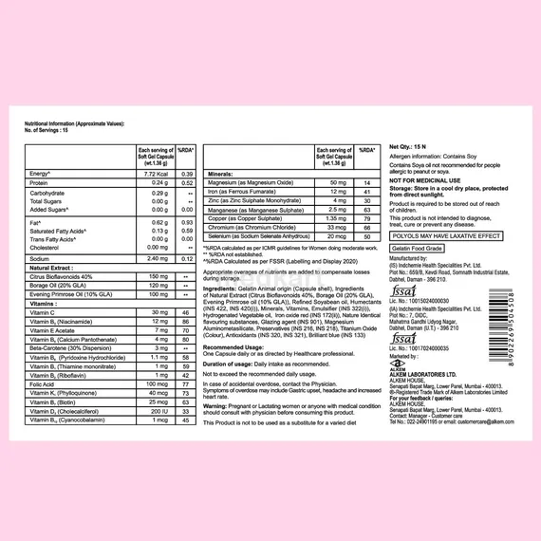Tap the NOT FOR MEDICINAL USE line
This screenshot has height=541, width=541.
click(425, 179)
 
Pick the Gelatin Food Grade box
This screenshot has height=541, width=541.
click(415, 247)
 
